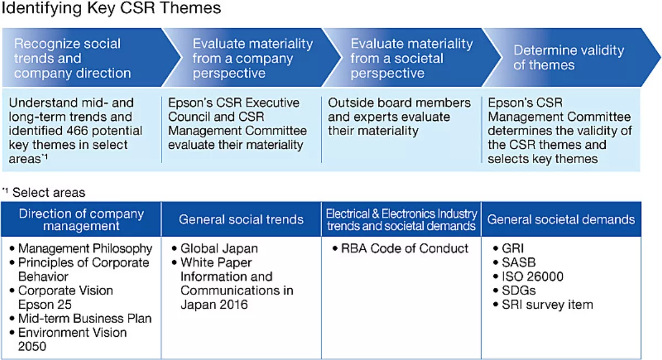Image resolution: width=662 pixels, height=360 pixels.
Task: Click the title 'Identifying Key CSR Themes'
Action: pos(111,8)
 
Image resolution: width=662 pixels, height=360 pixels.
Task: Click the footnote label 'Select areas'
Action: pos(49,192)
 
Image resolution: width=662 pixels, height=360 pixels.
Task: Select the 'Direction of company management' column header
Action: pos(81,219)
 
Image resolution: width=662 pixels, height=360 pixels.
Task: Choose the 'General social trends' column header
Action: pos(241,219)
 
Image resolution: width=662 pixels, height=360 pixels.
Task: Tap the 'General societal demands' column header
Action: pos(561,219)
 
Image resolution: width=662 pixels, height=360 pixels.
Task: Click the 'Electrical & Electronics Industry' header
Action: pos(402,214)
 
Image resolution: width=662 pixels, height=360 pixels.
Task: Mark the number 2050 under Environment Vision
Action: pos(32,346)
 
